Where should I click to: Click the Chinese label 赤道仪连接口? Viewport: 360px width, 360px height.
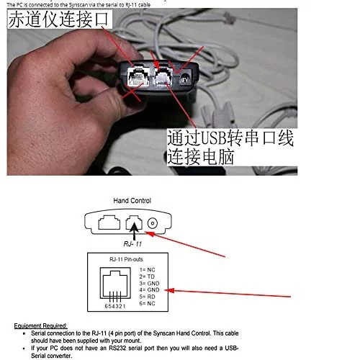(61, 22)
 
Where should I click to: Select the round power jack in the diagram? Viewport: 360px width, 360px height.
(151, 224)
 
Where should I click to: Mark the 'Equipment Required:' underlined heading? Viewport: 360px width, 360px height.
(40, 326)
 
